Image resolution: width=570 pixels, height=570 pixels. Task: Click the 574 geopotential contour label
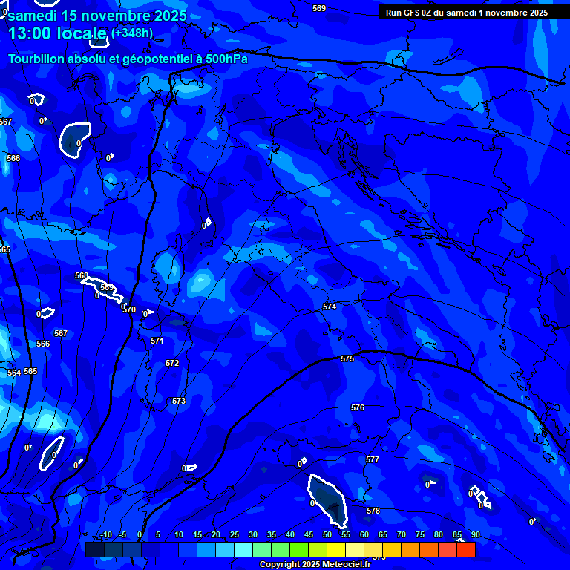pos(330,307)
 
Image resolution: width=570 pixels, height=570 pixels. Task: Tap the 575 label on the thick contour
pos(347,358)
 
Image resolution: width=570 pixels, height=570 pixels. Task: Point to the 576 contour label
pos(358,407)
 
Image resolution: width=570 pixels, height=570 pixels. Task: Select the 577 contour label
pos(373,459)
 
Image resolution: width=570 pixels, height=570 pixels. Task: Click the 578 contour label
pos(373,511)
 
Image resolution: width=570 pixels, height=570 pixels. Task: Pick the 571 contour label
pos(157,341)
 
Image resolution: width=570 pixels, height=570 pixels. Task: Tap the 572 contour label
pos(172,363)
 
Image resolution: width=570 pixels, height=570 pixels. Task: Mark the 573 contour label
pos(179,401)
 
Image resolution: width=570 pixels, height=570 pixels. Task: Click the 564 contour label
pos(14,373)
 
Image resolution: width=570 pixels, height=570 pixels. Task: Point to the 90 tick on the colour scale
pos(475,534)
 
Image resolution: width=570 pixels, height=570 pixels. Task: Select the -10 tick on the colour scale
pos(106,534)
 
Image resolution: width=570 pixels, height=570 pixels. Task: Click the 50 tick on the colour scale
pos(327,534)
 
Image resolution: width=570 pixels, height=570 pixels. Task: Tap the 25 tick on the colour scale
pos(235,534)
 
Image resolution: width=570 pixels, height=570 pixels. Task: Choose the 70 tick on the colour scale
pos(402,534)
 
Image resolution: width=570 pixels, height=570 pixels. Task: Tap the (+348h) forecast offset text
pos(134,33)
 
